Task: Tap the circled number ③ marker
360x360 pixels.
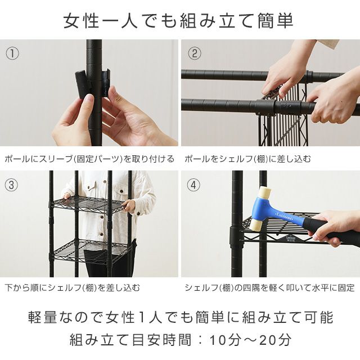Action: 12,185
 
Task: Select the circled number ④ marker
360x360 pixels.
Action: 194,185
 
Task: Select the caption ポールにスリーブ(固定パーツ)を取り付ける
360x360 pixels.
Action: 89,159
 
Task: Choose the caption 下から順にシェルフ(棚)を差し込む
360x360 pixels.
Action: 73,288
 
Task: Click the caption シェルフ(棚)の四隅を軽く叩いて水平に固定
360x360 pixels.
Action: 269,288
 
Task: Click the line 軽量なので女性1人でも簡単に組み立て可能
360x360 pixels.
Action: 180,317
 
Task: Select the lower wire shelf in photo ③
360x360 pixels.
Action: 90,248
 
